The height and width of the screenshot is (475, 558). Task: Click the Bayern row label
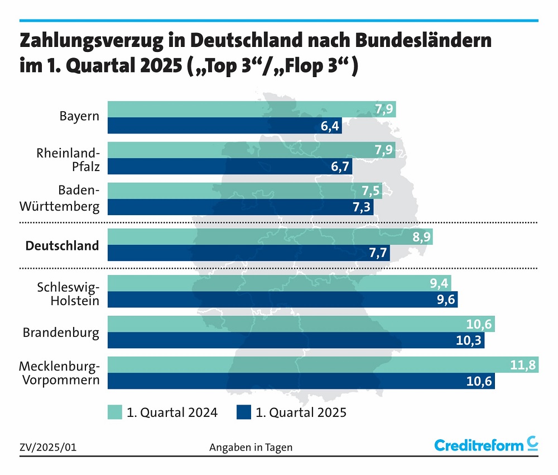79,117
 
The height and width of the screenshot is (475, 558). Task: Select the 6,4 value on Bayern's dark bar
330,126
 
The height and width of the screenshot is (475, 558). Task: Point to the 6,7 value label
341,167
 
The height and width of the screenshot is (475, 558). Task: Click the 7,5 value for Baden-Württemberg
371,191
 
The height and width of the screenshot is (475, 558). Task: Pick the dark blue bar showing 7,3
240,207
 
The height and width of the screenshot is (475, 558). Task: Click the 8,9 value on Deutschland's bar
422,237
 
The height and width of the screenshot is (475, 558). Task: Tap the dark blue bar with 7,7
248,253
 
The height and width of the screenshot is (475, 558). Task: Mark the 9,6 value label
446,300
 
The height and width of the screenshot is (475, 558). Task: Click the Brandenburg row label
61,333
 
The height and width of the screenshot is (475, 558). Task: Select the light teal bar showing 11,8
323,365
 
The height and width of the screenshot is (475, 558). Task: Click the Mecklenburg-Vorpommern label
59,373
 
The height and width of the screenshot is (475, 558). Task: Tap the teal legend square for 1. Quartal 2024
114,413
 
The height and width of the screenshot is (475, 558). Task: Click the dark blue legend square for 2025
243,413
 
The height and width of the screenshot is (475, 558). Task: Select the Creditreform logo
486,445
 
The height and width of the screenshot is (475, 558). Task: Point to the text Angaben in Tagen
251,448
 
